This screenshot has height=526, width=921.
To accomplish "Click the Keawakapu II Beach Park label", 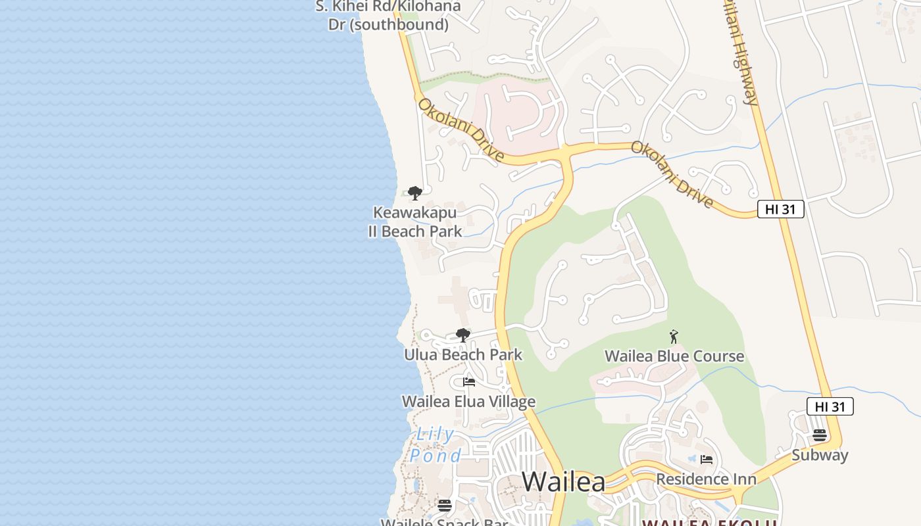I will (x=414, y=222).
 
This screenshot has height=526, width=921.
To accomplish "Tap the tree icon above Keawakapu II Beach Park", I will (x=414, y=193).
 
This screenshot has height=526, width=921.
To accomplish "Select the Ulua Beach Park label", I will (x=463, y=355).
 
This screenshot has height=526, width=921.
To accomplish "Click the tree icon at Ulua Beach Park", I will (x=463, y=335).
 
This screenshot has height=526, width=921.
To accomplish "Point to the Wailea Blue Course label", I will (x=674, y=356).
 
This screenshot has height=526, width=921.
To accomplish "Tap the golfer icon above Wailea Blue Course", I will (x=673, y=337).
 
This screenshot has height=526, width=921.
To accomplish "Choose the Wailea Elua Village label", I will (x=468, y=402).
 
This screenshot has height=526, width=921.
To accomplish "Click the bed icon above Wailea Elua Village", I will (x=468, y=381).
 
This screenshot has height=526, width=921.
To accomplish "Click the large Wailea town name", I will (x=564, y=482).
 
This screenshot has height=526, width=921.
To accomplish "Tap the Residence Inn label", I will (x=707, y=479).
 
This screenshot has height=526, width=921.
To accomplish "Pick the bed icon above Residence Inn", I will (x=707, y=459).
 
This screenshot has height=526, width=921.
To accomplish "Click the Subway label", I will (x=820, y=455).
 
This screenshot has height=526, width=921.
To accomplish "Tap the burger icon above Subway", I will (x=819, y=435).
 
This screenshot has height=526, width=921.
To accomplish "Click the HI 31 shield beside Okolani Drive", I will (x=781, y=210).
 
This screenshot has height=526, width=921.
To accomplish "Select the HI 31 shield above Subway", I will (x=830, y=406).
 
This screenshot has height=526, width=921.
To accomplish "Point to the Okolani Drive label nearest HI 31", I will (x=672, y=174).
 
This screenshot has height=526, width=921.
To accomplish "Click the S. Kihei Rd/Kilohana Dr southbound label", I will (x=388, y=16).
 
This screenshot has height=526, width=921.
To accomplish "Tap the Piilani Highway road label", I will (x=741, y=53).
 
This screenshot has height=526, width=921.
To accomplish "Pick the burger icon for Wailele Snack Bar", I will (x=445, y=505).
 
